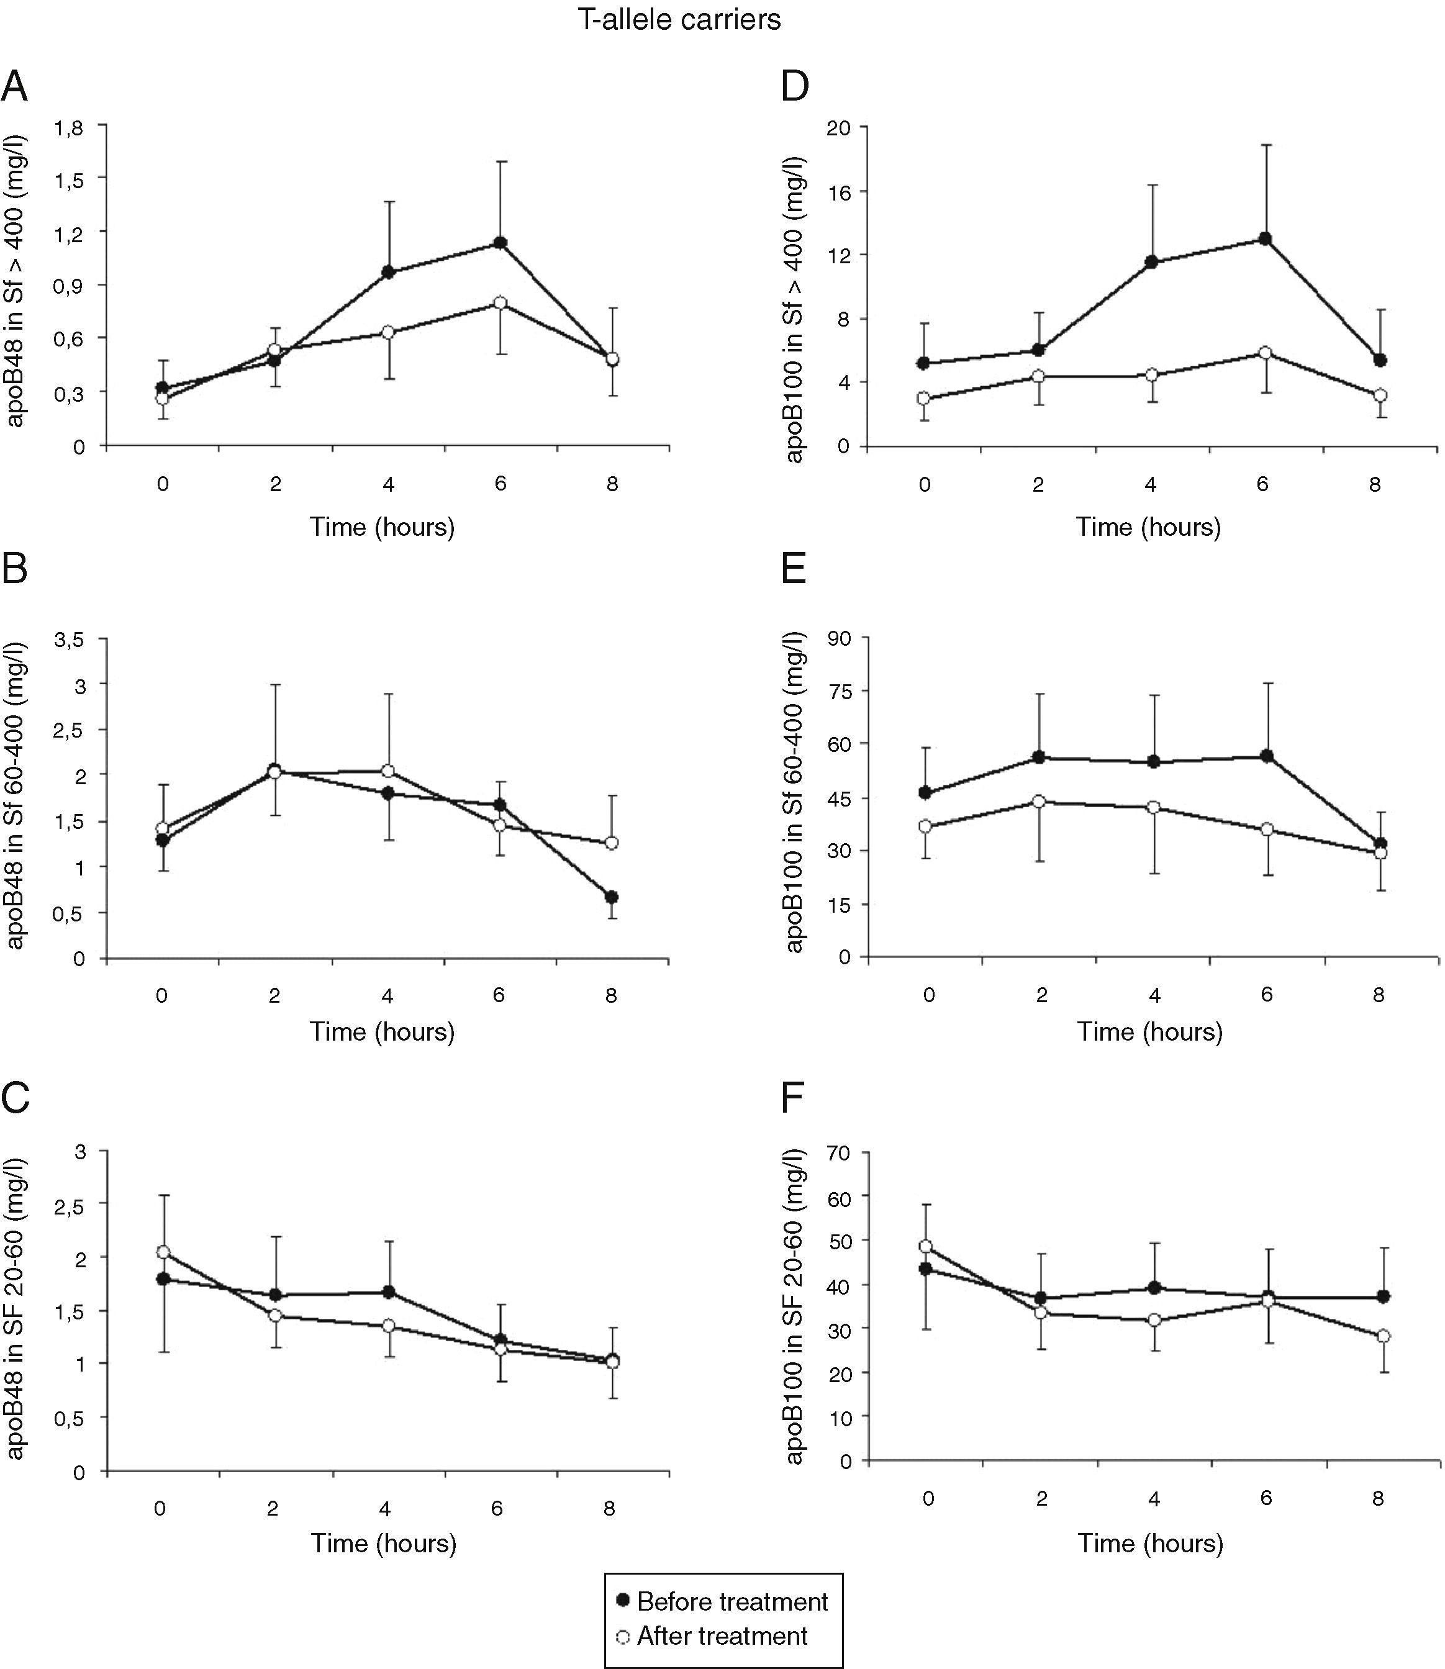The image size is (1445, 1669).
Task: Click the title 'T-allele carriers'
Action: click(679, 19)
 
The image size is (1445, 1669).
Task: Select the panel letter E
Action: click(794, 570)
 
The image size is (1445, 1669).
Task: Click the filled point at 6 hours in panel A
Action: click(500, 243)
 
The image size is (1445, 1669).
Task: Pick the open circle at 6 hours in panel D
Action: click(1264, 353)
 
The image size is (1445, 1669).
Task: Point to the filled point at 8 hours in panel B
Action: click(611, 897)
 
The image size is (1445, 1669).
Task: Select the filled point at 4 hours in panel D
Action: click(1151, 262)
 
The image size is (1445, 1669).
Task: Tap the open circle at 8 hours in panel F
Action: click(1383, 1336)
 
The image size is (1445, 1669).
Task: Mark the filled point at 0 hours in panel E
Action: click(925, 792)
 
